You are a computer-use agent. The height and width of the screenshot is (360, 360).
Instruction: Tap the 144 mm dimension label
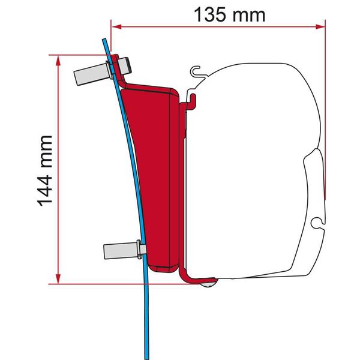coord(46,170)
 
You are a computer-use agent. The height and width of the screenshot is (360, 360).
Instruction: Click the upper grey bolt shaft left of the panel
coord(90,73)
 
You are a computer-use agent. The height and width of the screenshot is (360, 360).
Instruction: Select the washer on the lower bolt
coord(140,248)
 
